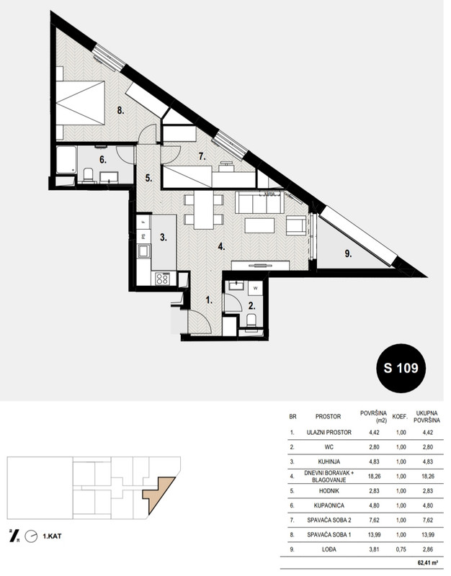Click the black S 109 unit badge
(x=401, y=368)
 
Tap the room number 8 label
(x=120, y=110)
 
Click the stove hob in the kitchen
(x=162, y=279)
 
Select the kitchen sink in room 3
(x=143, y=251)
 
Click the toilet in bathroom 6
(x=88, y=175)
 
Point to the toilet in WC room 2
(x=251, y=320)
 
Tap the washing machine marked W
(x=255, y=288)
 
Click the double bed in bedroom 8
(x=81, y=103)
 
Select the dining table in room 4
(x=204, y=210)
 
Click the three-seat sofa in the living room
(x=259, y=202)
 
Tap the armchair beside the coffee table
(x=296, y=225)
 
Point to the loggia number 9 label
(x=349, y=254)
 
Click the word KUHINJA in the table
(x=329, y=462)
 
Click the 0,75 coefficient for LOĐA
(x=401, y=549)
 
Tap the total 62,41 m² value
(x=427, y=562)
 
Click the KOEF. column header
(x=401, y=417)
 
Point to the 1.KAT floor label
(x=52, y=536)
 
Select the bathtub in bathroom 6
(x=66, y=160)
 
